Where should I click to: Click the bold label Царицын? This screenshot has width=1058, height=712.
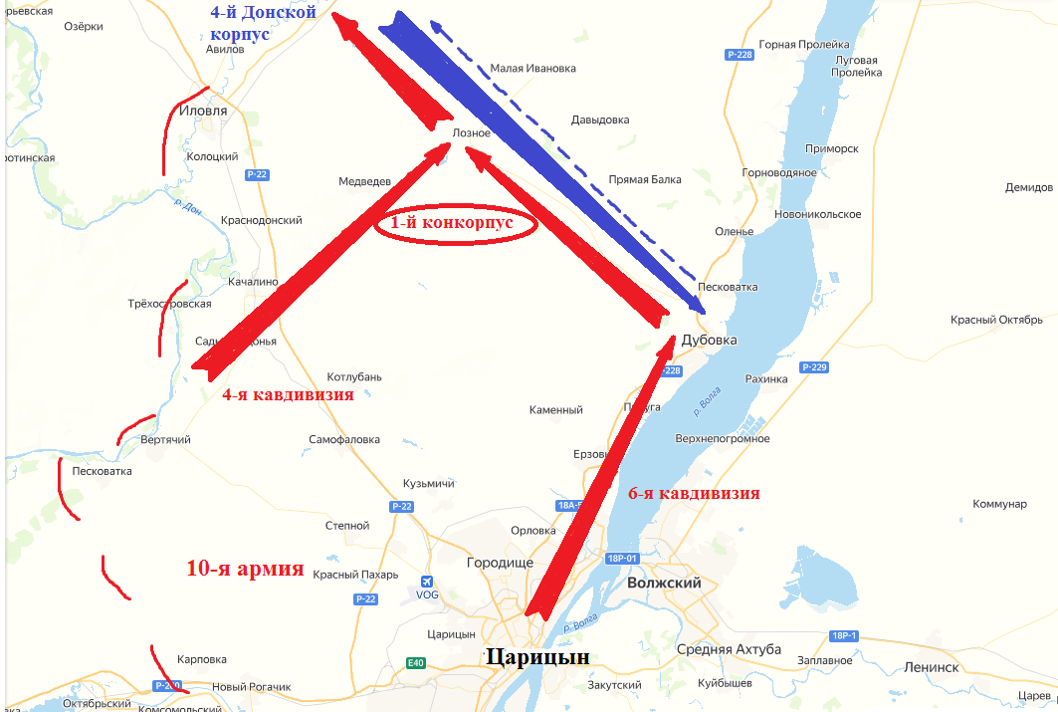pyautogui.click(x=536, y=657)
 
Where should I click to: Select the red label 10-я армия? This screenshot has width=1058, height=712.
pyautogui.click(x=245, y=569)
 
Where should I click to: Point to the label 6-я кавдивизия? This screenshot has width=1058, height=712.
pyautogui.click(x=694, y=493)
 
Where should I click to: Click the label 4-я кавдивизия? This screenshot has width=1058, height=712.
pyautogui.click(x=288, y=394)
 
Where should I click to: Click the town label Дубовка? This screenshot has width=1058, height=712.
pyautogui.click(x=710, y=341)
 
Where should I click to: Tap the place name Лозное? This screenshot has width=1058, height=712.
pyautogui.click(x=471, y=132)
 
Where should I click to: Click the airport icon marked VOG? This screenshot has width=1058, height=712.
pyautogui.click(x=427, y=582)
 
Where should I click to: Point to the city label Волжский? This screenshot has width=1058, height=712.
pyautogui.click(x=664, y=583)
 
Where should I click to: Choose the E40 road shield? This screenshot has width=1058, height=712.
pyautogui.click(x=415, y=663)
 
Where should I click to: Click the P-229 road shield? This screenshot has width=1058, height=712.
pyautogui.click(x=813, y=367)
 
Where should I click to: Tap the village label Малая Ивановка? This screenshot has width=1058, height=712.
pyautogui.click(x=533, y=69)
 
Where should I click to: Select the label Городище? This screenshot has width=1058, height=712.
pyautogui.click(x=500, y=563)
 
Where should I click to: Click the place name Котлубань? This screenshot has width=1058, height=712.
pyautogui.click(x=354, y=377)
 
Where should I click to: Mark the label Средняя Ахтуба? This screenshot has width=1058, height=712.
pyautogui.click(x=729, y=650)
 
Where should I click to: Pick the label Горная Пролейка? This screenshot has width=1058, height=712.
pyautogui.click(x=804, y=45)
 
